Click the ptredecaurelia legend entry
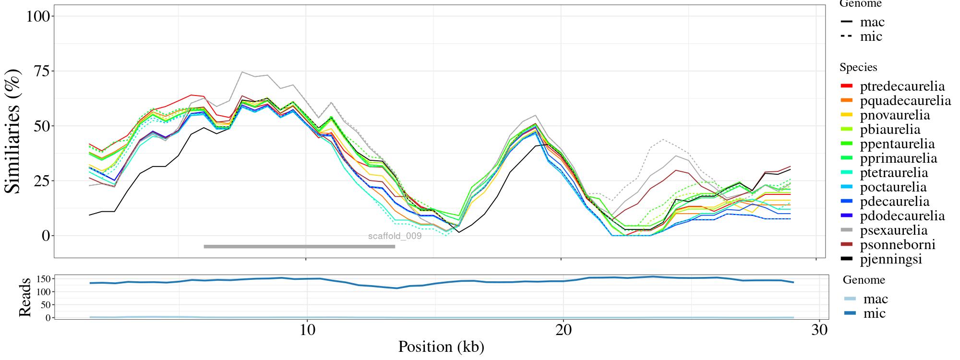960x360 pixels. point(902,86)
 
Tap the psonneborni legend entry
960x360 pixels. point(897,245)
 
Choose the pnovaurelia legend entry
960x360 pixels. point(895,115)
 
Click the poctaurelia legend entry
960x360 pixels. point(893,187)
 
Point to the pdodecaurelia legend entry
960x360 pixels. point(902,216)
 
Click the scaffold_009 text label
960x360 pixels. point(395,236)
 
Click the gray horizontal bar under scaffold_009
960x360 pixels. point(299,247)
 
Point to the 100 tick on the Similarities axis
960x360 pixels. point(38,16)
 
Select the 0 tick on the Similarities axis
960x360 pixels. point(46,236)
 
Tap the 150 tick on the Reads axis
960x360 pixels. point(44,279)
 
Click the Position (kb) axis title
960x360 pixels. point(441,347)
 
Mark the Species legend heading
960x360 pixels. point(858,68)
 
